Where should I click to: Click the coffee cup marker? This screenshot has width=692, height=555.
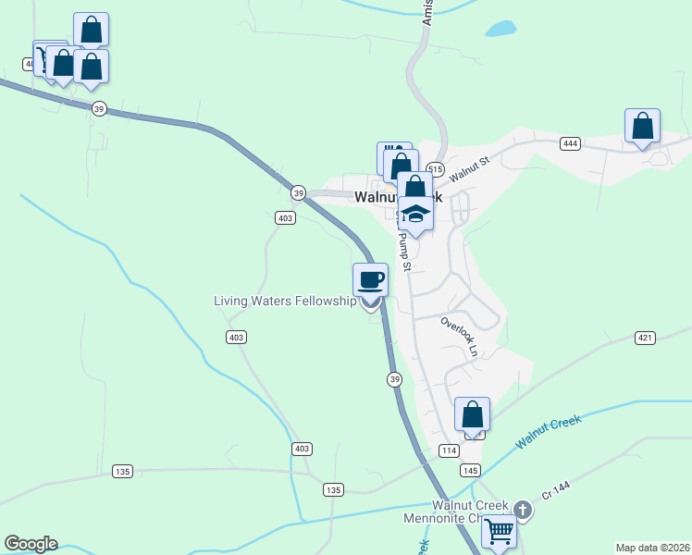[370, 279]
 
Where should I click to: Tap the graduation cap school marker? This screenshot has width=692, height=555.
[415, 214]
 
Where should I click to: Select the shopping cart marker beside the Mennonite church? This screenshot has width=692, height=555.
[499, 531]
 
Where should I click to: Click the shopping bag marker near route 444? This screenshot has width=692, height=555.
[642, 127]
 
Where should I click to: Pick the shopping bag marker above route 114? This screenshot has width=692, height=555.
[472, 414]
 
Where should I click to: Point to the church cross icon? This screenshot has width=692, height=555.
[523, 510]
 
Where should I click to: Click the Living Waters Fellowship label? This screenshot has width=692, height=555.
[285, 301]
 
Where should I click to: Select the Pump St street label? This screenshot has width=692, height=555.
[403, 250]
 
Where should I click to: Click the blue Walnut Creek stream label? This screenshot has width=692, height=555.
[549, 432]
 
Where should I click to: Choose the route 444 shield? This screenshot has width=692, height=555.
[569, 143]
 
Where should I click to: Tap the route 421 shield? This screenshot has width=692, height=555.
[645, 338]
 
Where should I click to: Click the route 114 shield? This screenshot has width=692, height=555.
[449, 450]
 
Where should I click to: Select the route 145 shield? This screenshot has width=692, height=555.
[470, 470]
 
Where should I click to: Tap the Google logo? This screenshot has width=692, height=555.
[31, 544]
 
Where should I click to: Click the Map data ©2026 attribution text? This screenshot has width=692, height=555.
[652, 548]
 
